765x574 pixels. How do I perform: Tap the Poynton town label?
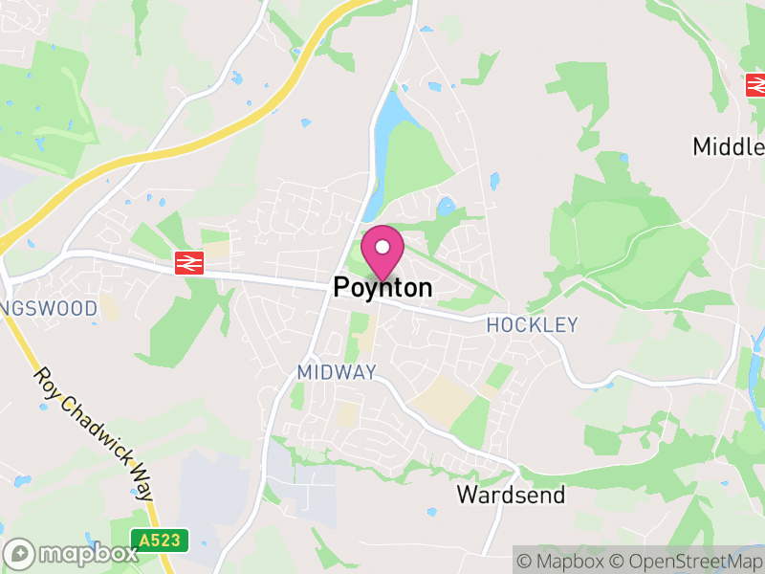pos(382,287)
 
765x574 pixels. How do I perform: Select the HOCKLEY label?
pos(532,325)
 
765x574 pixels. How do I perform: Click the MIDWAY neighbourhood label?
pos(337,372)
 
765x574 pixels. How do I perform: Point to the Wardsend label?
pos(511,495)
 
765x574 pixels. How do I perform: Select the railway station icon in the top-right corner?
pos(756,85)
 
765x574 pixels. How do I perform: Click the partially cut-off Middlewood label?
pos(729,146)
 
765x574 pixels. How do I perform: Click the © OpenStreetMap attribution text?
pos(687,561)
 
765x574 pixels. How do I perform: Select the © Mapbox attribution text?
pos(564,561)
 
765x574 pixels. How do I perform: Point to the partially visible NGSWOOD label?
pos(50,309)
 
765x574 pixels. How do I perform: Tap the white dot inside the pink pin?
pos(382,247)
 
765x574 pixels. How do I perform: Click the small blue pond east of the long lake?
pos(445,205)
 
